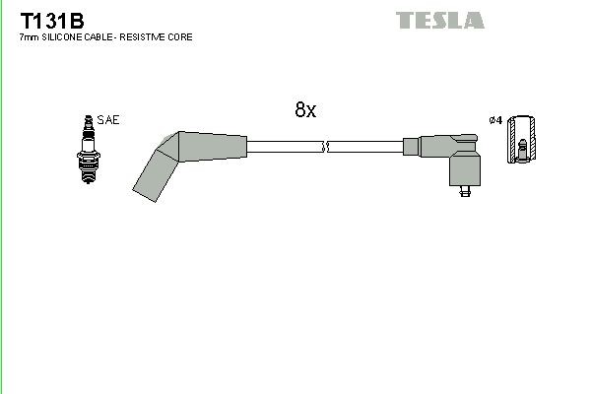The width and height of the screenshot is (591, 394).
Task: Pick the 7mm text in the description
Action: click(x=28, y=36)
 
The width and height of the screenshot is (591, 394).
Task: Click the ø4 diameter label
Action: click(x=495, y=120)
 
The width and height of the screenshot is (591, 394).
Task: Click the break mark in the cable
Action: click(x=325, y=148)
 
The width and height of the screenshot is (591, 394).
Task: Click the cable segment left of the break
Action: click(x=285, y=148)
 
